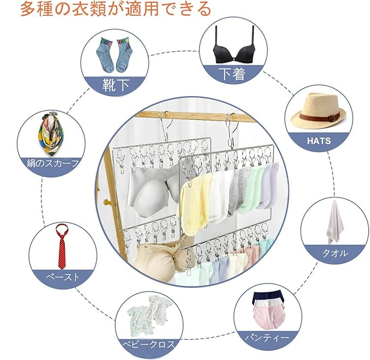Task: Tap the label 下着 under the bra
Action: click(x=231, y=73)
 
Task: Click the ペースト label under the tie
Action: click(x=62, y=277)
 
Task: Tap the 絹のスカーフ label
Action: click(x=53, y=163)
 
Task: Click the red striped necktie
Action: click(x=62, y=244)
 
